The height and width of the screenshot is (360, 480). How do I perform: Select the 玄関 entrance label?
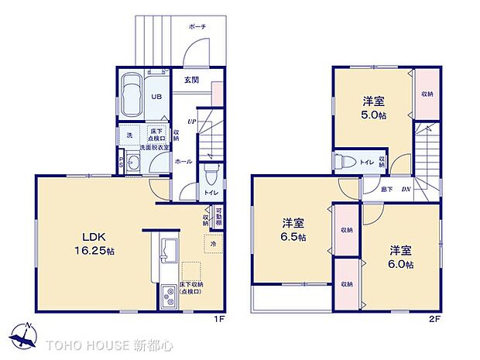click(192, 79)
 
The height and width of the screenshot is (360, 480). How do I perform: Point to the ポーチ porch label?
click(197, 26)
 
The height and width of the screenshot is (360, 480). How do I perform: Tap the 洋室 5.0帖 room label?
click(374, 107)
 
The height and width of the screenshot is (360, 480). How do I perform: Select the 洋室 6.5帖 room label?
click(293, 230)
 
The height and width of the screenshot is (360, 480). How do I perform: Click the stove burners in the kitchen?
click(168, 294)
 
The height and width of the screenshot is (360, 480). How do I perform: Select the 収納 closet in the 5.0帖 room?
click(427, 94)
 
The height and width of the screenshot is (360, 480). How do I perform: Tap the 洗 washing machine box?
click(129, 135)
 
